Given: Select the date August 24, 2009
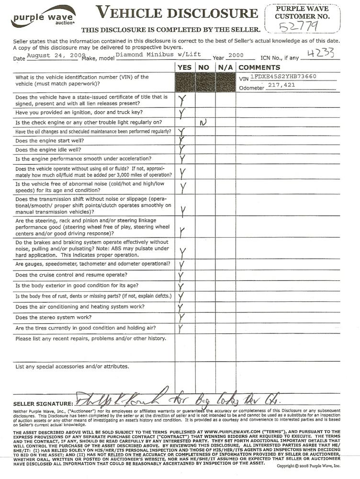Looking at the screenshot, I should tap(54, 56).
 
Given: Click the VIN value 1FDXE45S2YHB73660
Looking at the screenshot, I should tap(283, 76).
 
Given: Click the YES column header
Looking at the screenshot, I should tap(185, 68).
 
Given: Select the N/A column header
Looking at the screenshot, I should tap(225, 68).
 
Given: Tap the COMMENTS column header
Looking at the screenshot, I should tap(259, 68).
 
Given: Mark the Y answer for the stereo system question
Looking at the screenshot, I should tap(182, 317).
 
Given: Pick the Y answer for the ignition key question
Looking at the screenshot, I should tap(182, 113).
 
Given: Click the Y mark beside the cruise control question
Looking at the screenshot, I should tap(181, 276).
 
